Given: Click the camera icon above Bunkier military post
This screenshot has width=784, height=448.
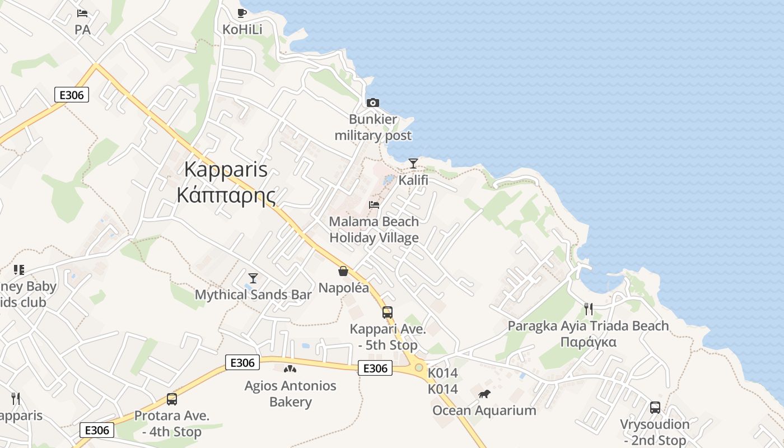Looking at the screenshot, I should click(x=372, y=102).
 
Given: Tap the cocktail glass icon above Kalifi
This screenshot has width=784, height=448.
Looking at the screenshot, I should click(x=413, y=163).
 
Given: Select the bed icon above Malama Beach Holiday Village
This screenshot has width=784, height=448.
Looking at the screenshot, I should click(x=374, y=204).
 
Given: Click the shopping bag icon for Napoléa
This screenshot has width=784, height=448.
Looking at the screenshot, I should click(x=343, y=272).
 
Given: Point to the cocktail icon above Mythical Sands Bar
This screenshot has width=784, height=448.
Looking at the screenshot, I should click(x=253, y=278).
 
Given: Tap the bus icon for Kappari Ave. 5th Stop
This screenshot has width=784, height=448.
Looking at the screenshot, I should click(x=388, y=312).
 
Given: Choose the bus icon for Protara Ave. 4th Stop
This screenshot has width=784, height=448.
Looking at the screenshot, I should click(x=172, y=399).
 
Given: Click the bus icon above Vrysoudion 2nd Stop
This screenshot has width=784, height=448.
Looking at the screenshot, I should click(x=655, y=407).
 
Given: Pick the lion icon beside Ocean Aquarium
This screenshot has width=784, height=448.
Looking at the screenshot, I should click(x=484, y=394).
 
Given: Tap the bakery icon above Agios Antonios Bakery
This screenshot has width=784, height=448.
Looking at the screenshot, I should click(x=290, y=369).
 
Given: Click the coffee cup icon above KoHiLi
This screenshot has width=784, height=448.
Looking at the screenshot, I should click(x=242, y=13).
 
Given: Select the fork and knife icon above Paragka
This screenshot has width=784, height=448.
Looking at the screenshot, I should click(x=588, y=309).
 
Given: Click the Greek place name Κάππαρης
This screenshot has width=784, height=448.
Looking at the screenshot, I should click(x=226, y=195).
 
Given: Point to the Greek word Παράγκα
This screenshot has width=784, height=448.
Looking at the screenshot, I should click(x=588, y=342).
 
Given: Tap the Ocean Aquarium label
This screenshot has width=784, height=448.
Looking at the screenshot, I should click(x=484, y=410).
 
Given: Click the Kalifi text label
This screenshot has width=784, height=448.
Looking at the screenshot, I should click(x=413, y=180).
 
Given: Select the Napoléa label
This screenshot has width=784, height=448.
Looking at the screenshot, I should click(x=344, y=288).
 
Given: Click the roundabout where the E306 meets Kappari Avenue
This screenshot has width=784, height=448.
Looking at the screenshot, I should click(x=418, y=367).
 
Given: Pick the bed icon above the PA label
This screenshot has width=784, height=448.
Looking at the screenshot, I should click(x=82, y=13).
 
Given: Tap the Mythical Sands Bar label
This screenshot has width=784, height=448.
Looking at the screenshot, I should click(x=253, y=295).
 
